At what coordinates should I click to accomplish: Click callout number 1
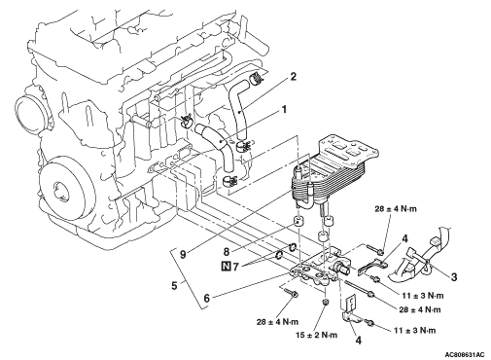coord(284,110)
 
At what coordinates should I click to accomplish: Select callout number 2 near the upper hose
coord(293,77)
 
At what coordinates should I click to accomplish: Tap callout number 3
coord(454,277)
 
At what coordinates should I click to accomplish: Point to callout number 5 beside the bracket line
coord(174,286)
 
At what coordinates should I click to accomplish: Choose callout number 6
coord(206,299)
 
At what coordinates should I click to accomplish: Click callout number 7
coord(235,267)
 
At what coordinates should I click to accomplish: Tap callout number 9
coord(183,255)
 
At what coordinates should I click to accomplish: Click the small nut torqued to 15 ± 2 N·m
coord(325,303)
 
